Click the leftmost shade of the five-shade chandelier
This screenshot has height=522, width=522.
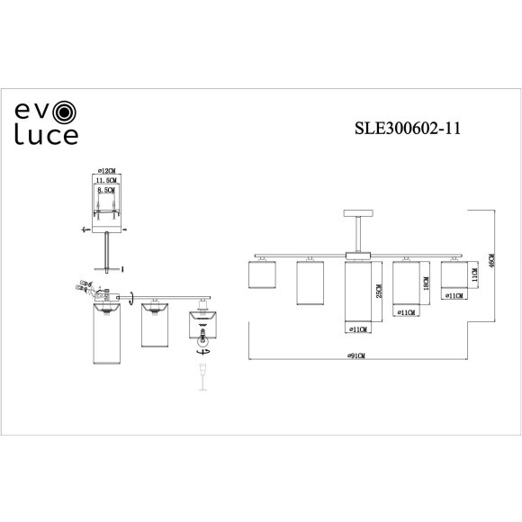tap(262, 274)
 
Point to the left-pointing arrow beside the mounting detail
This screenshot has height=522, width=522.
tap(85, 229)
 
